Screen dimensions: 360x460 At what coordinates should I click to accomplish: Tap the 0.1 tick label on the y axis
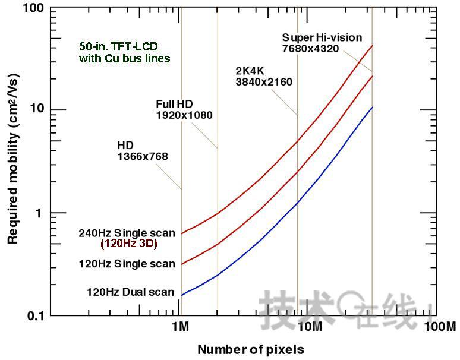pyautogui.click(x=36, y=316)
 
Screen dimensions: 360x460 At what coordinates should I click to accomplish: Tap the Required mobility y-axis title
pyautogui.click(x=12, y=162)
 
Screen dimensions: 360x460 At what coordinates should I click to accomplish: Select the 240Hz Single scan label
pyautogui.click(x=127, y=233)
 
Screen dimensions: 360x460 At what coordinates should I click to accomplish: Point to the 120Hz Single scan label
pyautogui.click(x=127, y=264)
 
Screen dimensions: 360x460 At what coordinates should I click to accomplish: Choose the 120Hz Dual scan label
pyautogui.click(x=130, y=292)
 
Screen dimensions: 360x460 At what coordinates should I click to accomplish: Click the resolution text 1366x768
pyautogui.click(x=143, y=157)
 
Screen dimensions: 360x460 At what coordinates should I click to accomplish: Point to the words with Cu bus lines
pyautogui.click(x=124, y=58)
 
